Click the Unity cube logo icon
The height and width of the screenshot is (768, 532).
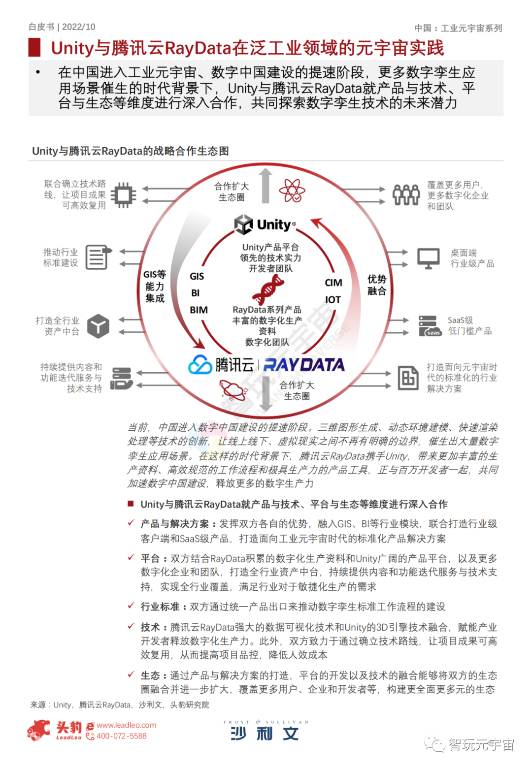[x=243, y=224]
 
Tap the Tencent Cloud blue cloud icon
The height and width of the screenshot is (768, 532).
[x=200, y=365]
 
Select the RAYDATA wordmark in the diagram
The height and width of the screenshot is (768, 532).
[x=304, y=365]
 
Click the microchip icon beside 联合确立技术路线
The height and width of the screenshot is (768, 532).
[x=123, y=195]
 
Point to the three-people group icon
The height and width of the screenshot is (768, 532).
[x=406, y=195]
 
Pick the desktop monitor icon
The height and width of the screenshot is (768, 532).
[x=428, y=258]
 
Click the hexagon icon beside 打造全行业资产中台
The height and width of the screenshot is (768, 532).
[x=99, y=326]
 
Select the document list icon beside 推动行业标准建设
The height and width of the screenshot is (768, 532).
[x=98, y=257]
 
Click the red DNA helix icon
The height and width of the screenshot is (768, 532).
[x=268, y=290]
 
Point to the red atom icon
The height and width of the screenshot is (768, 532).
[x=292, y=191]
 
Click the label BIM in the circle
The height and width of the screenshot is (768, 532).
[x=199, y=310]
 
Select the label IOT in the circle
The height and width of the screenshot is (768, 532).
[x=333, y=300]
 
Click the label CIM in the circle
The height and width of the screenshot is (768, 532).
[x=333, y=283]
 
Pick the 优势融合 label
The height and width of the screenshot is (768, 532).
[x=377, y=285]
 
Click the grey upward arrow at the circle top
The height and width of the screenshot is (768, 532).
[x=266, y=186]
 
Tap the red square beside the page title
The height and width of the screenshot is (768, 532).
[x=34, y=48]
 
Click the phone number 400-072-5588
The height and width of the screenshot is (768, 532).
[x=121, y=736]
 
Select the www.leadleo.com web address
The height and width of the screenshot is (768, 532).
[x=126, y=725]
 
